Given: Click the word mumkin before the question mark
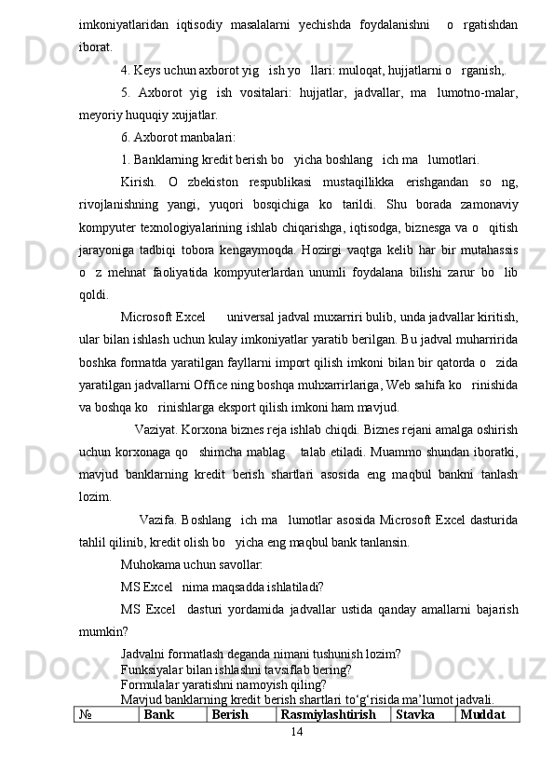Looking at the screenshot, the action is point(99,629).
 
